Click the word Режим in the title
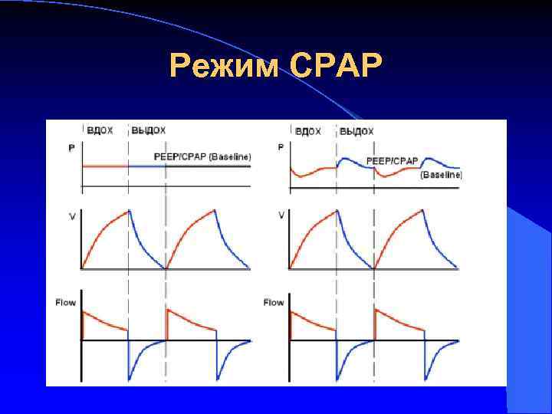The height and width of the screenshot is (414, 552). coord(226,67)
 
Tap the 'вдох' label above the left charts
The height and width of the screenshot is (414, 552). coord(100,130)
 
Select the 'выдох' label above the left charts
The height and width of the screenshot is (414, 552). coord(148,130)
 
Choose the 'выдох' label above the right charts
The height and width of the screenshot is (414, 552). coord(356,131)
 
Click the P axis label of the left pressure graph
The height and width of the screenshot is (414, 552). coord(72,147)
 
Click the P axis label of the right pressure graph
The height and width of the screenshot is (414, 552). coord(281,147)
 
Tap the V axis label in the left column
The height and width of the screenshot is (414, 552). coord(72,216)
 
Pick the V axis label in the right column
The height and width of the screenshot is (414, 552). coord(281,216)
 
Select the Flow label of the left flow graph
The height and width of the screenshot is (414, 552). coord(66,303)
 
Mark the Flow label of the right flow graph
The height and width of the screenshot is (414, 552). coord(274,303)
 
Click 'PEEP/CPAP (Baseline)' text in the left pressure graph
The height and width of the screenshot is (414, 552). coord(202,156)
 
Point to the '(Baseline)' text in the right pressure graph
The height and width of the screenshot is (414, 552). coord(441,175)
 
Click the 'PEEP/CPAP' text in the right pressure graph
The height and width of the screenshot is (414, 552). coord(392,161)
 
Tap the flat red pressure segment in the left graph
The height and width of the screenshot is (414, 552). coord(105,166)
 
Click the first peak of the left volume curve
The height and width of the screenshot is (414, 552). coord(129,210)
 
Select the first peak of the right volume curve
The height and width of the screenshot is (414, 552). coord(336,210)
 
